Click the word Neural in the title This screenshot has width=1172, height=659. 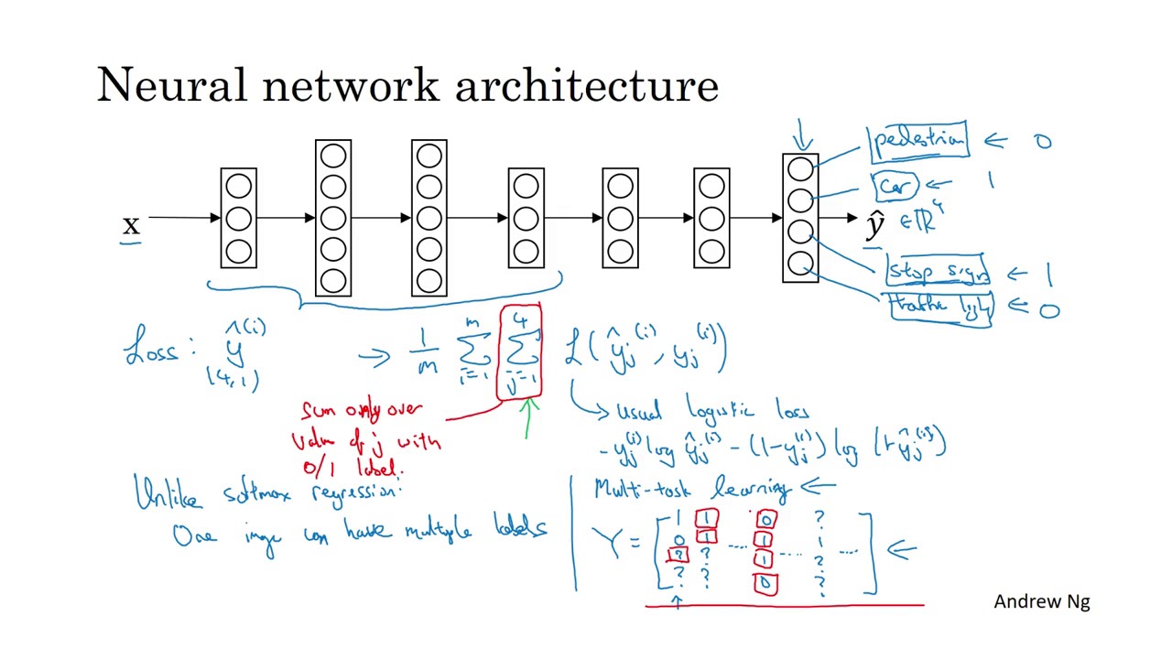171,85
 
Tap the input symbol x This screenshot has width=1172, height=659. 131,225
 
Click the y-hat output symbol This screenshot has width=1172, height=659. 875,224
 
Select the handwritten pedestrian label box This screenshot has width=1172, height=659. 918,141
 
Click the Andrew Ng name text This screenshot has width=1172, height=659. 1041,601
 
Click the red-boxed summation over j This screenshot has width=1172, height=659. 520,352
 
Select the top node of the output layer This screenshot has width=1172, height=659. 800,170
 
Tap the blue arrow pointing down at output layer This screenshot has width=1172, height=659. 803,135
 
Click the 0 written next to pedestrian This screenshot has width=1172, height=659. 1043,142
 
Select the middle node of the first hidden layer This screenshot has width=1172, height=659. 238,219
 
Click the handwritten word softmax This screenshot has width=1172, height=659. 263,495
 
